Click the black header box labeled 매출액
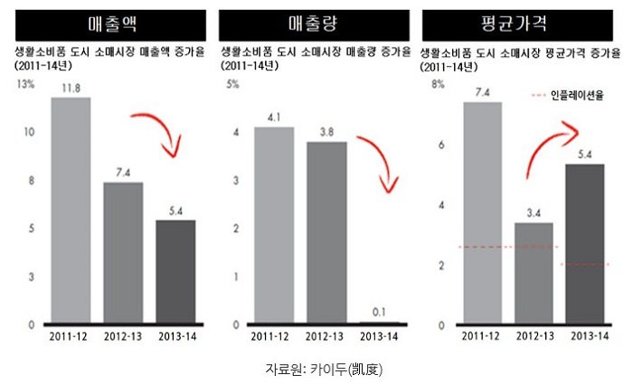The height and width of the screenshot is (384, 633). [x=107, y=22]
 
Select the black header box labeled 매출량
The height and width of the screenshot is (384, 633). [x=314, y=22]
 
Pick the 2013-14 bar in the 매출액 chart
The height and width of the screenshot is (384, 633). [x=175, y=271]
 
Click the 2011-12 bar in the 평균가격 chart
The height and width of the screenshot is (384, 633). [x=482, y=212]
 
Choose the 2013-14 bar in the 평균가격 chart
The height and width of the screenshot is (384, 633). [x=584, y=244]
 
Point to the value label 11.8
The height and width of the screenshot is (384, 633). [x=71, y=88]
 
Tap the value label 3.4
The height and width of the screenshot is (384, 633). [x=534, y=212]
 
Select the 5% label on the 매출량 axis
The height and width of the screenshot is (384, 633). [x=232, y=85]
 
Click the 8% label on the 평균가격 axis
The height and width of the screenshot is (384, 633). [x=439, y=85]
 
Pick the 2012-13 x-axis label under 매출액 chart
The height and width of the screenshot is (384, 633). [x=123, y=336]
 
